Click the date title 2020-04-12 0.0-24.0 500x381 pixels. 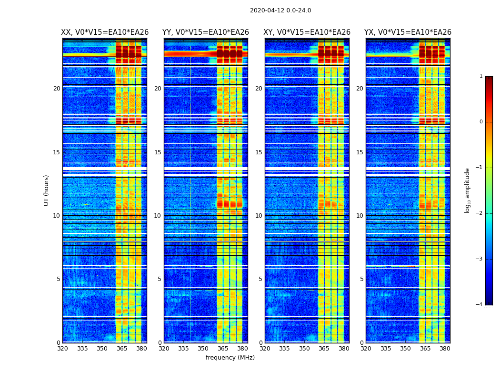point(280,10)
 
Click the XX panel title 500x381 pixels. point(105,32)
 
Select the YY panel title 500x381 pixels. point(206,32)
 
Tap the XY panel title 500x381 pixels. point(307,32)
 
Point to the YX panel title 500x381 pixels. point(408,32)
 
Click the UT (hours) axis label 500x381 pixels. point(46,190)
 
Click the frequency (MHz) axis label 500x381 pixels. point(230,358)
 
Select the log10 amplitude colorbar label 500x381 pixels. point(468,190)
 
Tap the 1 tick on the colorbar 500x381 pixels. point(481,76)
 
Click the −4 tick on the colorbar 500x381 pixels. point(479,305)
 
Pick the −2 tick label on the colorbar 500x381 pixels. point(479,213)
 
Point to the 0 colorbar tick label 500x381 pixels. point(481,122)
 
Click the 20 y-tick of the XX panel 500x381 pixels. point(57,89)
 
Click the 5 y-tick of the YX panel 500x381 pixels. point(361,279)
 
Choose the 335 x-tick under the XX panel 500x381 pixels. point(82,349)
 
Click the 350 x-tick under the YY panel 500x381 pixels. point(203,349)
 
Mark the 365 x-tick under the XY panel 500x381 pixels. point(324,349)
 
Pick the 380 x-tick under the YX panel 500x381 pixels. point(445,349)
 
